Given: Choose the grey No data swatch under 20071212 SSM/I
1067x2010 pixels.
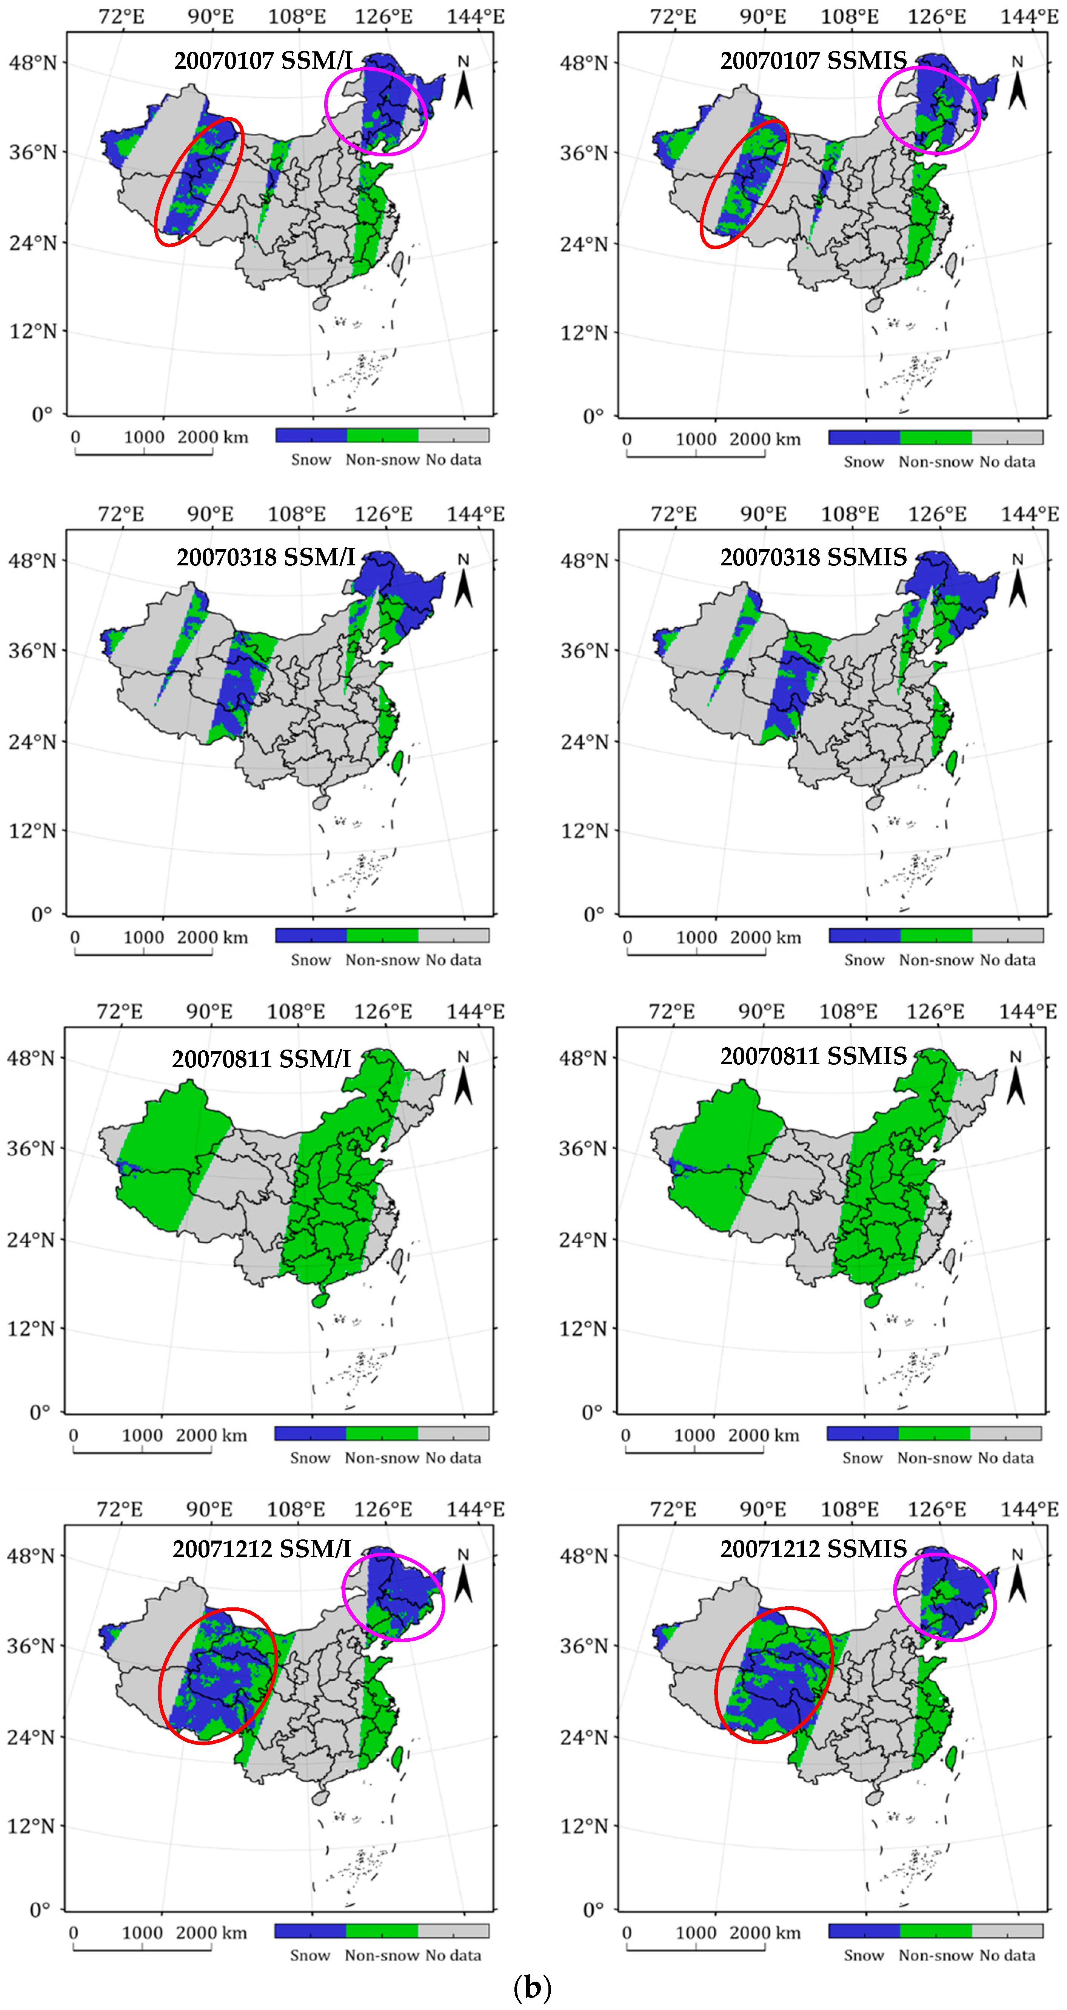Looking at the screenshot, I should pos(453,1930).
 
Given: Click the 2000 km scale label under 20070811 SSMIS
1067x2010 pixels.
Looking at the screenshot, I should pos(764,1435).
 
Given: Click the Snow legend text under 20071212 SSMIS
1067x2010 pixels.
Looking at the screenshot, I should pos(864,1955).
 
